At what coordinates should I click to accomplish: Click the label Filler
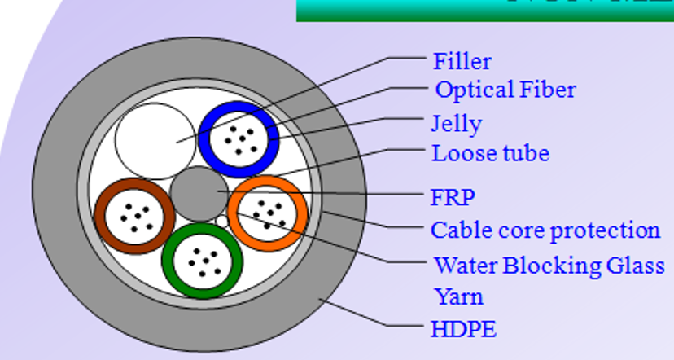[x=462, y=61]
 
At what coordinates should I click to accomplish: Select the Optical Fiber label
[x=505, y=90]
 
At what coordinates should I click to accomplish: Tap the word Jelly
[x=456, y=124]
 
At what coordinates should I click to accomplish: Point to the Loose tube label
[x=490, y=153]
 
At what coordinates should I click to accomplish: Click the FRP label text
[x=453, y=198]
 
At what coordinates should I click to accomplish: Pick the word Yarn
[x=457, y=296]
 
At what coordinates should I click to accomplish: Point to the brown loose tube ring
[x=101, y=216]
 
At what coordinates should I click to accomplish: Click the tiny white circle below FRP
[x=221, y=220]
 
